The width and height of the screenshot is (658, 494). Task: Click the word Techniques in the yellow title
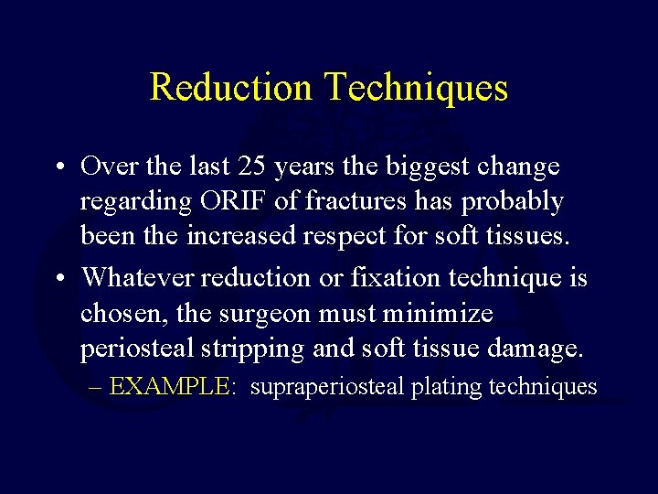tap(415, 87)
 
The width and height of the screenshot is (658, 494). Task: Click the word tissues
tap(525, 236)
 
